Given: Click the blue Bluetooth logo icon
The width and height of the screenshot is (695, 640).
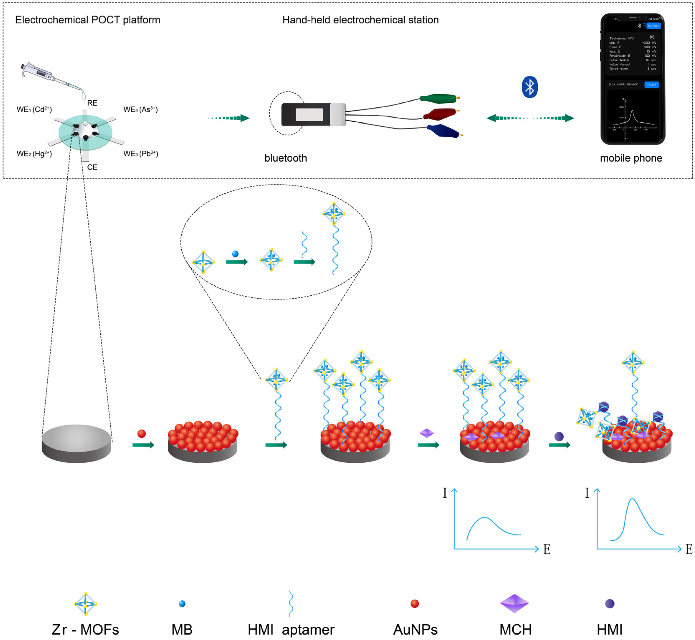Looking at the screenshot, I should [530, 87].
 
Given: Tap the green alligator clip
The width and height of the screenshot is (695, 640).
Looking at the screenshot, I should [438, 99].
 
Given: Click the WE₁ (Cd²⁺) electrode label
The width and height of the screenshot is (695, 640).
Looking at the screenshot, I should [34, 109].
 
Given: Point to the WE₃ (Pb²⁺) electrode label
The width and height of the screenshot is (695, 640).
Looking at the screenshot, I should [141, 154].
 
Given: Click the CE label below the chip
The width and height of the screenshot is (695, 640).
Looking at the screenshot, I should [92, 167].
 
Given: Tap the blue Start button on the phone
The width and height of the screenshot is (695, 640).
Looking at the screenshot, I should [651, 85].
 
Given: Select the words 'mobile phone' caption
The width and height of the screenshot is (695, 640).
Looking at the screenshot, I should [631, 158].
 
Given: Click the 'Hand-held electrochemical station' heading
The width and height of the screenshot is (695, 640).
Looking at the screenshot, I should [360, 20].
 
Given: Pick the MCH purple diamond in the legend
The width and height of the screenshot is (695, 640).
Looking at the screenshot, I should [514, 604].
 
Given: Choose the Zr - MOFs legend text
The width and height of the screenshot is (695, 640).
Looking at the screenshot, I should [85, 630].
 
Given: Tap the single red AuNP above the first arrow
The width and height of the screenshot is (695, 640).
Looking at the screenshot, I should [142, 434].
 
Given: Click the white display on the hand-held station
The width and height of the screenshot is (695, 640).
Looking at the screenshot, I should [309, 115].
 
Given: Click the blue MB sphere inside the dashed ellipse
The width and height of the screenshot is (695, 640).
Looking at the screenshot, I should [235, 254].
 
